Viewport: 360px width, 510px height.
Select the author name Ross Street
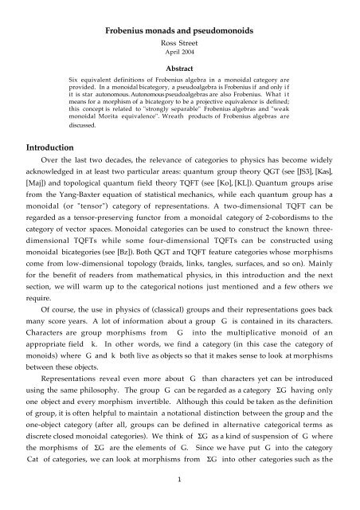tap(179, 24)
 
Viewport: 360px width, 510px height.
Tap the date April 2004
tap(179, 36)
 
